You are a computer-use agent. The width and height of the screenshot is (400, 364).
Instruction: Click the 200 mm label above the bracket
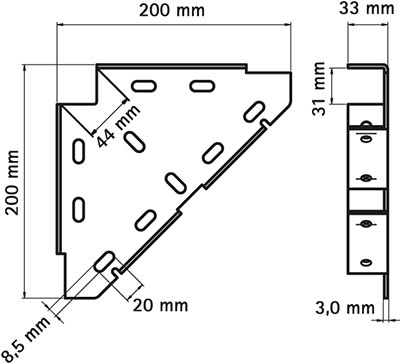point(172,11)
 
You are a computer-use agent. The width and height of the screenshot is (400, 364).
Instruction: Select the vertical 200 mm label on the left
point(13,182)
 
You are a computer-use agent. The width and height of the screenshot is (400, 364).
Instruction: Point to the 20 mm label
point(160,305)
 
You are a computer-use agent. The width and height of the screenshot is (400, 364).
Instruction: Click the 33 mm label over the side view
point(367,9)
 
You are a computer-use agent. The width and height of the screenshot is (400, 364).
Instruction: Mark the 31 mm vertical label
point(319,89)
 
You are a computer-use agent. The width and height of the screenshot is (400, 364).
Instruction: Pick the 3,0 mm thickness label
point(345,308)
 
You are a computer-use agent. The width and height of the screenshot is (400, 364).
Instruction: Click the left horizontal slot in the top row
point(144,86)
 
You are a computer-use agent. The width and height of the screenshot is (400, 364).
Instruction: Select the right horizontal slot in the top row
point(202,86)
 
